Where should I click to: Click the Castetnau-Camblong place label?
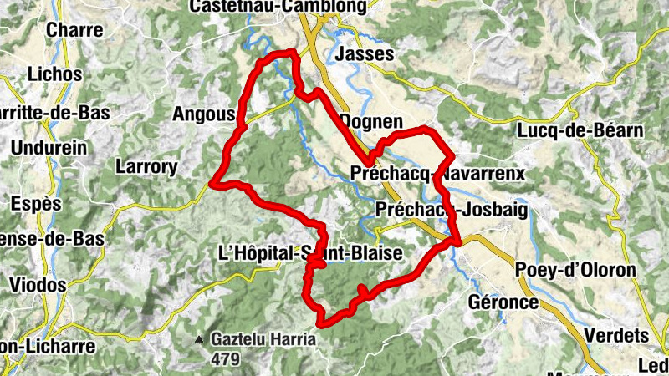pyautogui.click(x=278, y=7)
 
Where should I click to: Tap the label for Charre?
pyautogui.click(x=75, y=30)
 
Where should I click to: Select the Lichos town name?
pyautogui.click(x=55, y=74)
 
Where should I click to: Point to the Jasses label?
pyautogui.click(x=363, y=54)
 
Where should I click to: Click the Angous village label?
pyautogui.click(x=203, y=114)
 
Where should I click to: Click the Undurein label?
pyautogui.click(x=50, y=148)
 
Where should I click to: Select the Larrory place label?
pyautogui.click(x=146, y=167)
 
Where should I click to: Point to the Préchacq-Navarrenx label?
pyautogui.click(x=438, y=174)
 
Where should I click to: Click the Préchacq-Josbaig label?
pyautogui.click(x=452, y=210)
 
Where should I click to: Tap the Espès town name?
pyautogui.click(x=37, y=204)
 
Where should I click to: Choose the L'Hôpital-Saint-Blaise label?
pyautogui.click(x=310, y=252)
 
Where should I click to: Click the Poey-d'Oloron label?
pyautogui.click(x=575, y=270)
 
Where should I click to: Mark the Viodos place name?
pyautogui.click(x=38, y=285)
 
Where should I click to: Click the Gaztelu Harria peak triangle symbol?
pyautogui.click(x=199, y=340)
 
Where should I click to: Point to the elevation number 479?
pyautogui.click(x=225, y=359)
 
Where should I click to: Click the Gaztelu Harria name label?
pyautogui.click(x=263, y=340)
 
